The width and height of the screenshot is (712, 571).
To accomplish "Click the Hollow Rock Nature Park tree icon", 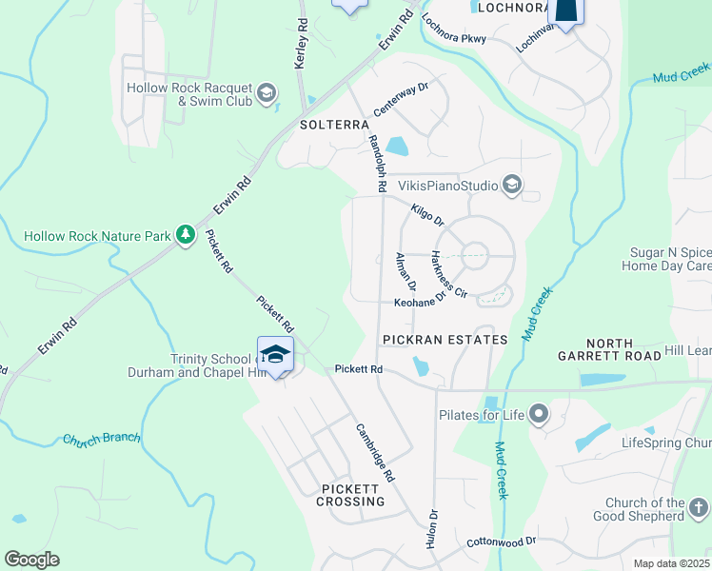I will [187, 235].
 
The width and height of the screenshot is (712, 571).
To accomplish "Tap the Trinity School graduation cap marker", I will [275, 354].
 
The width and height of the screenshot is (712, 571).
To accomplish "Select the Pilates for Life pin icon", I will [539, 413].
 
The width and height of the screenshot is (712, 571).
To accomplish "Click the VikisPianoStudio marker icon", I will [512, 184].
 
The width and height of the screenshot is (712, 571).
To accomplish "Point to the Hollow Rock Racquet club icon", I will [267, 93].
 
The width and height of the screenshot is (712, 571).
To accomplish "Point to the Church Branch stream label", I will [102, 440].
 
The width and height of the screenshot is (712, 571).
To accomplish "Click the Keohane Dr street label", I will [421, 304].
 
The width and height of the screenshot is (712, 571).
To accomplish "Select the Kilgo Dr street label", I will [427, 213].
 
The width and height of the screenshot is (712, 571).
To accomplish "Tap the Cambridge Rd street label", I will [374, 453].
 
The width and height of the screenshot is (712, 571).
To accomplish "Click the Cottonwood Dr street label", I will [502, 541].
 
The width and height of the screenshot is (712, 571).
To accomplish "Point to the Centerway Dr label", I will [402, 99].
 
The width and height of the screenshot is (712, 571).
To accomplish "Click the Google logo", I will [31, 560].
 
